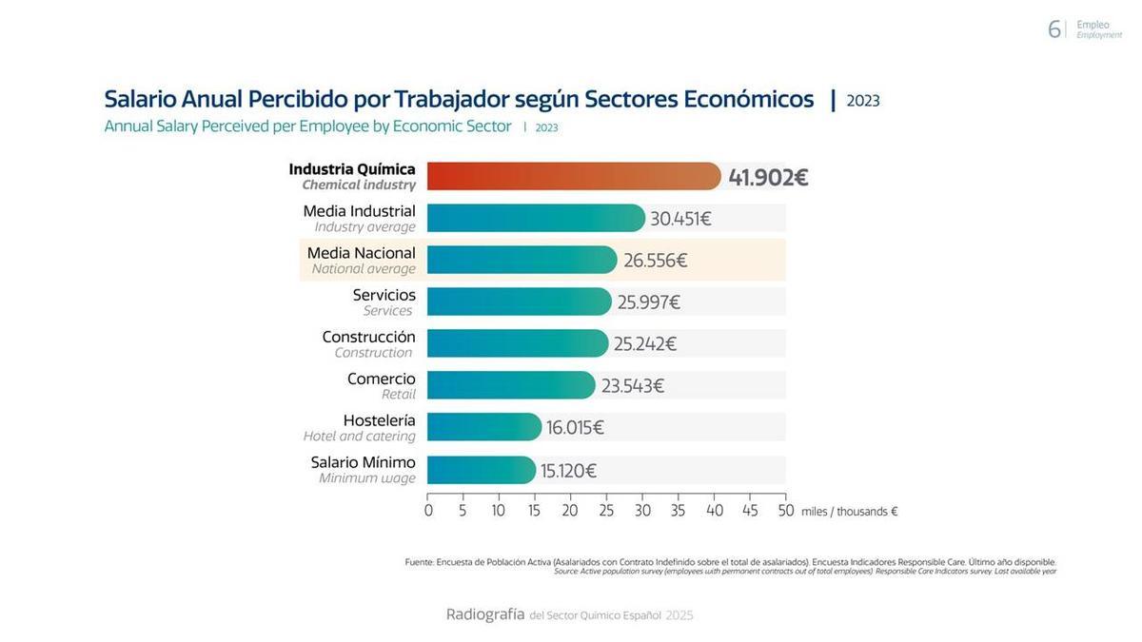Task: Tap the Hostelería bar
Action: coord(483,427)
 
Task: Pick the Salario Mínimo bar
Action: coord(481,470)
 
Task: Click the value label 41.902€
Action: coord(768,178)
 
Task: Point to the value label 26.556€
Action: coord(655,261)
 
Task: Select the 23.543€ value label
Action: coord(632,386)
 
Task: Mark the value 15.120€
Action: coord(568,471)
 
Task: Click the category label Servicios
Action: coord(384,295)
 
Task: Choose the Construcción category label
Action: coord(368,337)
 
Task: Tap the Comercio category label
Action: coord(381,379)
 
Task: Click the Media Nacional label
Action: coord(361,253)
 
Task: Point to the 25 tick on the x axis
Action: coord(606,511)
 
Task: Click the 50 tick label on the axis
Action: coord(785,511)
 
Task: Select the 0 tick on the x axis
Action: coord(428,511)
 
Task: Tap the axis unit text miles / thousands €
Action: coord(849,512)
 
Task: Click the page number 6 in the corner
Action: coord(1053,29)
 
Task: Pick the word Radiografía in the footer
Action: coord(485,614)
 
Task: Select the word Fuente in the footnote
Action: coord(419,562)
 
